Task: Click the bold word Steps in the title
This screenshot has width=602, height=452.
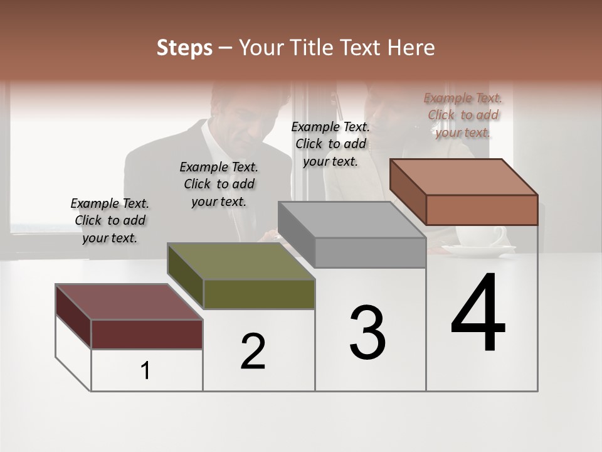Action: click(x=184, y=48)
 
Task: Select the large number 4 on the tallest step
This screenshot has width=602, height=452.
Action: click(x=478, y=313)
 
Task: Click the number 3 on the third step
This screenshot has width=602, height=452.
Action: click(x=367, y=332)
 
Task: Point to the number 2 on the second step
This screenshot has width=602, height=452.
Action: click(x=253, y=351)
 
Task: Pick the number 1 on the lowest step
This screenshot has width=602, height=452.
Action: click(x=145, y=371)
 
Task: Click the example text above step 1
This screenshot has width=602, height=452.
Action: click(x=110, y=220)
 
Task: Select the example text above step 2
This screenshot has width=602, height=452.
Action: click(x=219, y=184)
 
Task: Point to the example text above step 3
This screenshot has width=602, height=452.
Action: click(x=330, y=144)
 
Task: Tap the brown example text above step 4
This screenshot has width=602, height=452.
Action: click(x=463, y=115)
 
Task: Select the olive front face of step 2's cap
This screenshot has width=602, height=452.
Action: click(x=259, y=294)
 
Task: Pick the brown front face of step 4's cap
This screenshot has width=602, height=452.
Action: click(x=482, y=210)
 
